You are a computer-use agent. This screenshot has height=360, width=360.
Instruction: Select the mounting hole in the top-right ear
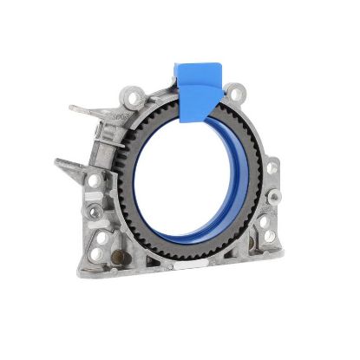point(233,90)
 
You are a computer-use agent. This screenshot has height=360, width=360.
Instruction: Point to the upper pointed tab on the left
point(82,109)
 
